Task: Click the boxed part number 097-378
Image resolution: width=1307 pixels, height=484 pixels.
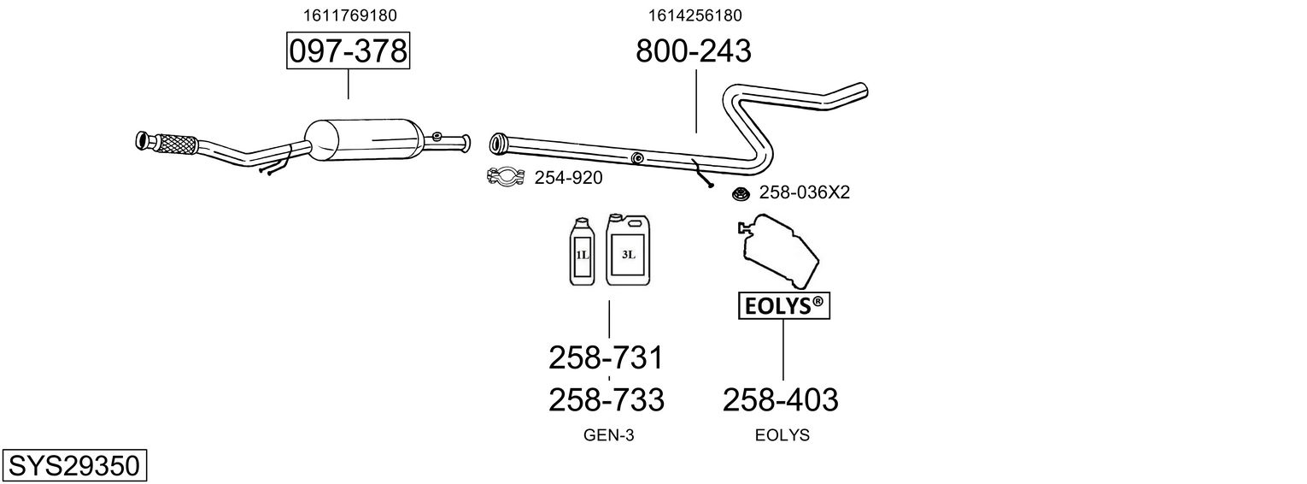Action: (x=348, y=51)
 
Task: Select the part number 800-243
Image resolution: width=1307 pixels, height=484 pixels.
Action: (x=693, y=51)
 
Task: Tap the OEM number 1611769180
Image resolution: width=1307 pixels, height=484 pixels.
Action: (x=349, y=15)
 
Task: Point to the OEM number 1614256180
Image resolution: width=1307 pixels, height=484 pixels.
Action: (x=695, y=15)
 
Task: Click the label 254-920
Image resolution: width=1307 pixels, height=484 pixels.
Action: (x=568, y=178)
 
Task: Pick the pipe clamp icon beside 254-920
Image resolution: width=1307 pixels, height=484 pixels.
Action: (x=505, y=177)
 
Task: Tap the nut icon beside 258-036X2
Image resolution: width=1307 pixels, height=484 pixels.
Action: (x=740, y=194)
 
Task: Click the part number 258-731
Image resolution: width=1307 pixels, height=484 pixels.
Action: (x=606, y=357)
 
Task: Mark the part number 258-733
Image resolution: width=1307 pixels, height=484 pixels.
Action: (x=606, y=399)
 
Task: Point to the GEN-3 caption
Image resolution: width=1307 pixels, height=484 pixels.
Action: (x=608, y=435)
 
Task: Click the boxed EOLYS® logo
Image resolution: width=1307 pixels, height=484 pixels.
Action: (x=782, y=306)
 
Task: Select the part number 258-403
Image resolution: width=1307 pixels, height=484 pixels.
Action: (x=781, y=399)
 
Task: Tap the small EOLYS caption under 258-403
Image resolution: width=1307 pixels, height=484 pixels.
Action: (x=782, y=435)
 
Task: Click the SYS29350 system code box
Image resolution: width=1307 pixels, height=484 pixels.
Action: (x=74, y=466)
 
